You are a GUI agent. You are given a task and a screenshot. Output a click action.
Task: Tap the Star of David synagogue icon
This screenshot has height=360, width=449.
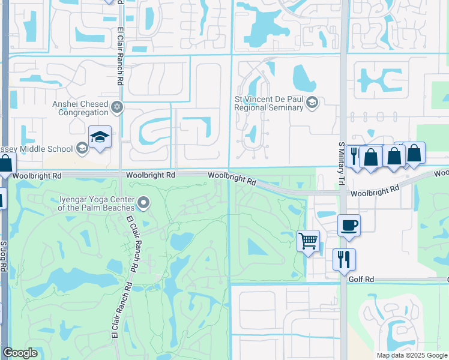[118, 107]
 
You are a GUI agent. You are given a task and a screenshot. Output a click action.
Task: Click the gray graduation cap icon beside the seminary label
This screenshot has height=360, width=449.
[312, 103]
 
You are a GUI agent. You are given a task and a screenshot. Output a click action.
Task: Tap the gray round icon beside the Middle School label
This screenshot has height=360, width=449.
[82, 148]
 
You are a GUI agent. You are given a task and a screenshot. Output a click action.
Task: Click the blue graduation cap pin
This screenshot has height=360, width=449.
[100, 137]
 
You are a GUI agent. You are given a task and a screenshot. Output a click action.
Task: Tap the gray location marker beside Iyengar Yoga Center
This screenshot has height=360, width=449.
[143, 203]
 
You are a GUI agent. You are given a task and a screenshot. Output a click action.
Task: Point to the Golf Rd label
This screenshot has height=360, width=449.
[361, 280]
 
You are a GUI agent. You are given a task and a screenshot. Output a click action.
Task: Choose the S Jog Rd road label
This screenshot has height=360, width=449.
[4, 257]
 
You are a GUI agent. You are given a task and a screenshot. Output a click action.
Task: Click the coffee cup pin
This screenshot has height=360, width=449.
[349, 226]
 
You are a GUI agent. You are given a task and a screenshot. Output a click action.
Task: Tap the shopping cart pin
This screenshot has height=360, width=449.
[308, 241]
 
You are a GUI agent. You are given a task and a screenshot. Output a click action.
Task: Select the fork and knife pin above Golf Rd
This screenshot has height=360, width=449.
[344, 259]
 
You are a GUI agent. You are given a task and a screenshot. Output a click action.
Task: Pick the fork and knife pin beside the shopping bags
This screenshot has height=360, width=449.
[354, 155]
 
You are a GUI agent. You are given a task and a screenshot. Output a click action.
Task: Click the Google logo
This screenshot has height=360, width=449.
[20, 353]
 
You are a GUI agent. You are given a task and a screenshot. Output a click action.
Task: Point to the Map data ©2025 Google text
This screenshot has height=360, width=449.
[411, 355]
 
